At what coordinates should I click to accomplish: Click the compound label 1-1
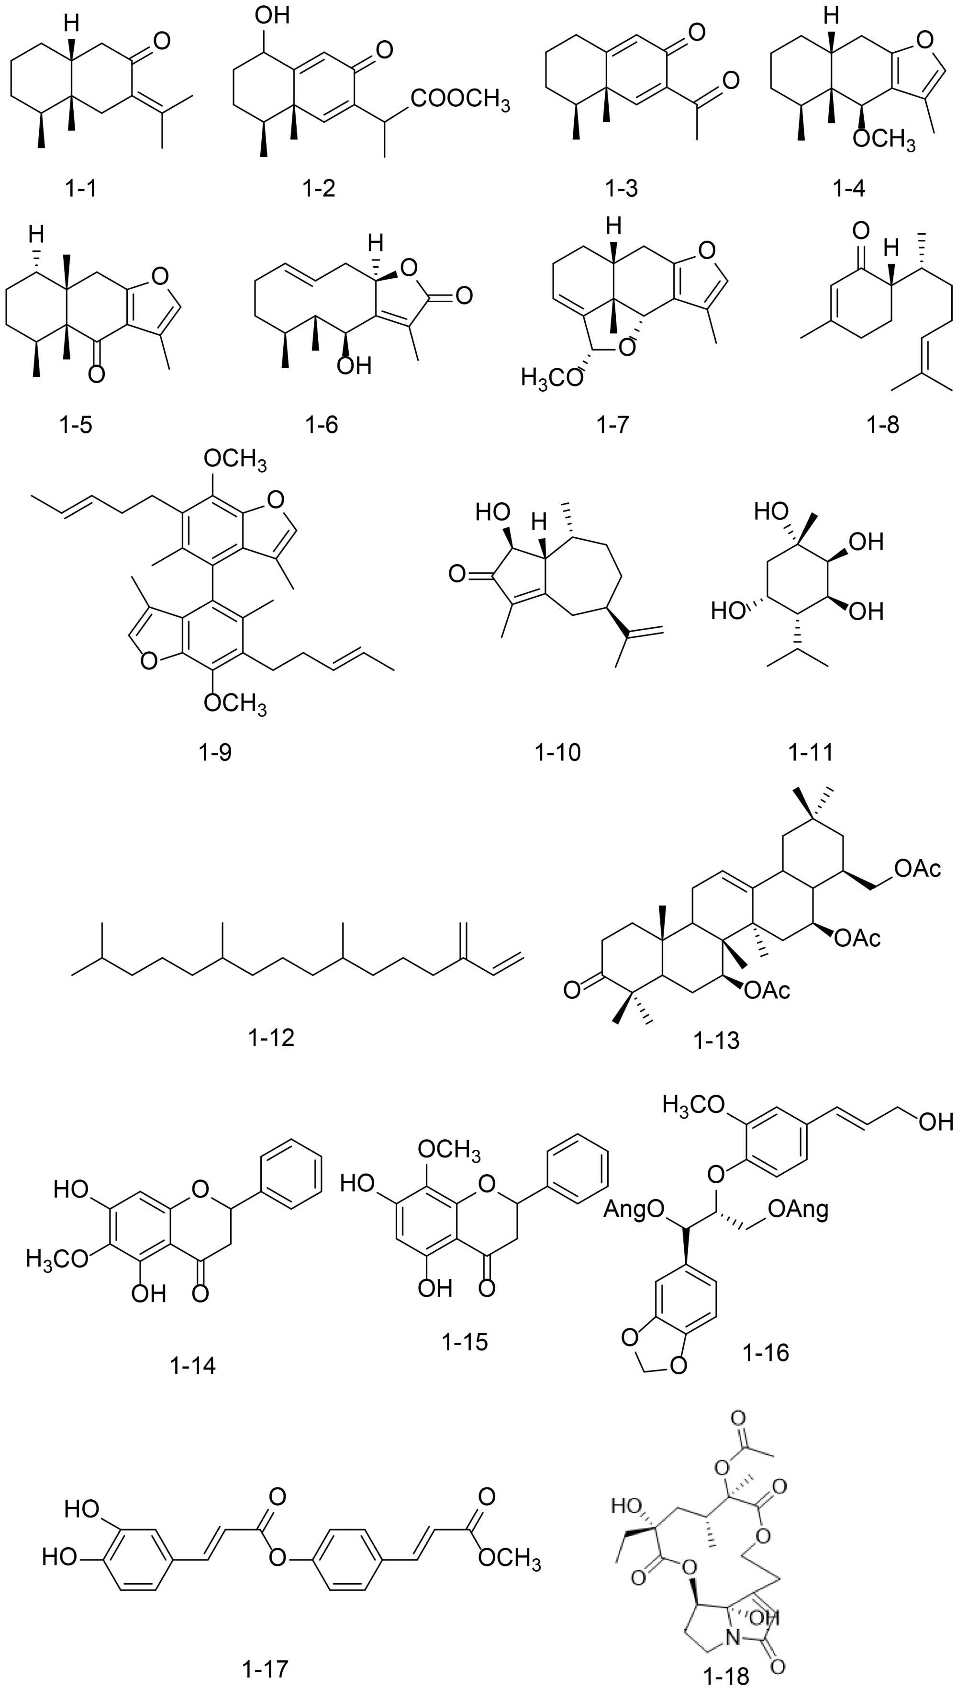pyautogui.click(x=80, y=189)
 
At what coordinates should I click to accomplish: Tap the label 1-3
pyautogui.click(x=621, y=189)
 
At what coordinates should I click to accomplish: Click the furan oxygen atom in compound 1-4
pyautogui.click(x=924, y=41)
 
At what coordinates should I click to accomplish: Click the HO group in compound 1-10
pyautogui.click(x=493, y=511)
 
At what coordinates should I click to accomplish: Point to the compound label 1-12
pyautogui.click(x=271, y=1037)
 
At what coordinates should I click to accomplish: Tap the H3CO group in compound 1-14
pyautogui.click(x=57, y=1258)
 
